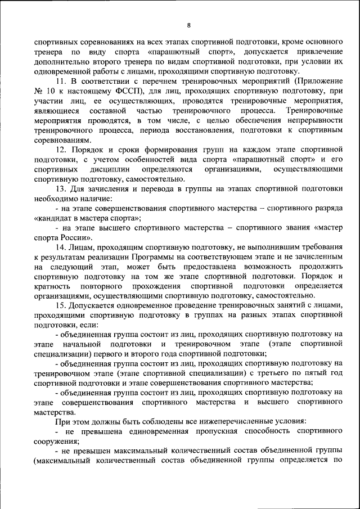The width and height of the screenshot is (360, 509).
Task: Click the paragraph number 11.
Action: click(60, 81)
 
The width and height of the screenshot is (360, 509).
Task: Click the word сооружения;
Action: click(56, 441)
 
